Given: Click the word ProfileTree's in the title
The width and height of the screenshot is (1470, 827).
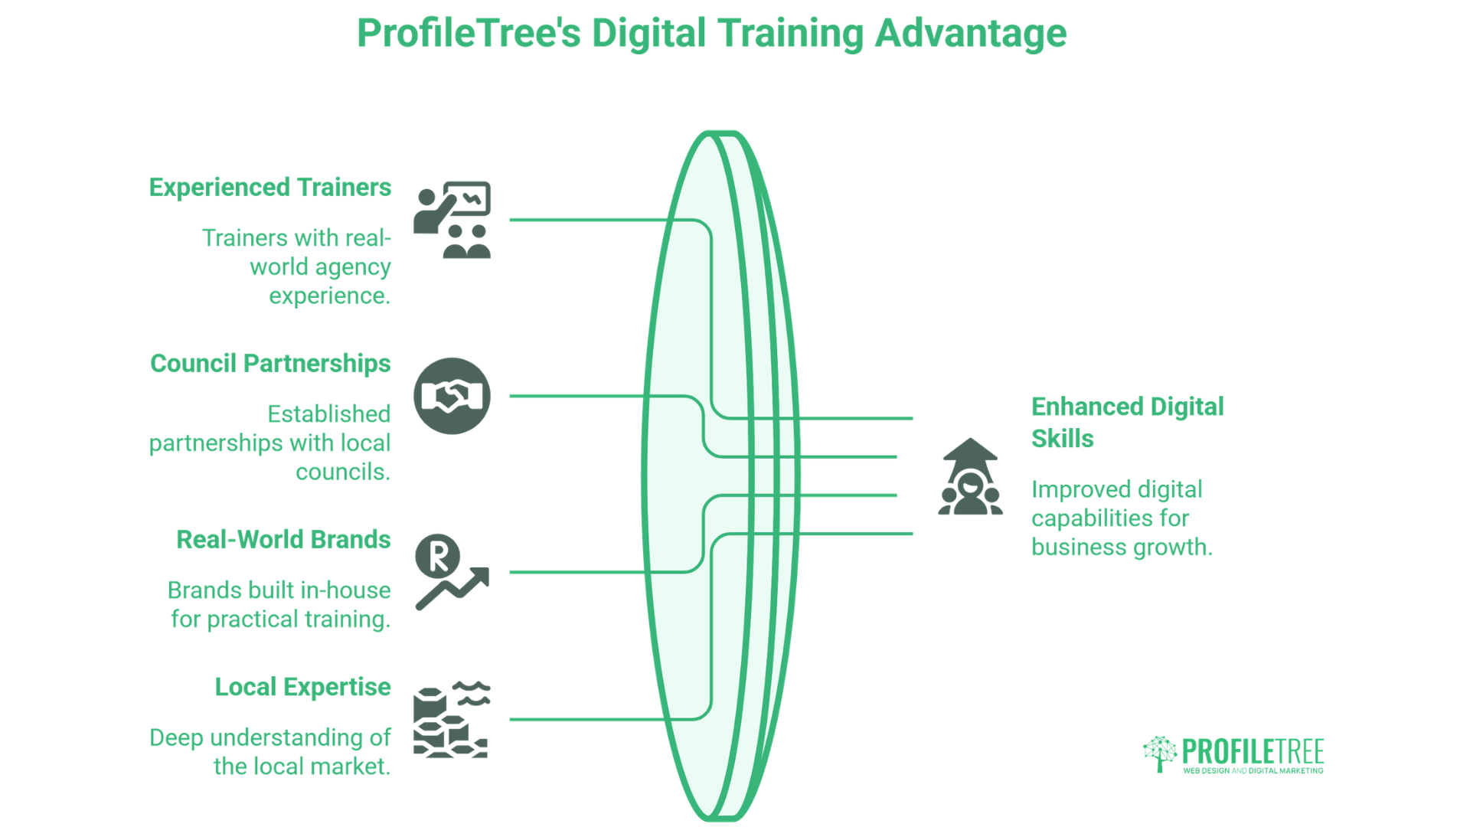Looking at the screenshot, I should [x=469, y=34].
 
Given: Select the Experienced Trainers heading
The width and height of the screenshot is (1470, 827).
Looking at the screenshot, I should [x=269, y=188].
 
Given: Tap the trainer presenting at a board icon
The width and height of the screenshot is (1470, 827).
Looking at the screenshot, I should [x=452, y=220].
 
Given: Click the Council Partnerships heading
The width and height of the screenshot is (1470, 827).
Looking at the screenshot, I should [x=269, y=364].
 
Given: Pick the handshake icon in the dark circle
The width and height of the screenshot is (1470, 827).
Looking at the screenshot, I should [x=452, y=396].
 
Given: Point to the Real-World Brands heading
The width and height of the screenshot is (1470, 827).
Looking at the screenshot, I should [x=283, y=540].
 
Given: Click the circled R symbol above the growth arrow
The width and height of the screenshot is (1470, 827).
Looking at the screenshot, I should [x=437, y=556].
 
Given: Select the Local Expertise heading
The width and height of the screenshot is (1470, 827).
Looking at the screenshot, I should [x=302, y=688].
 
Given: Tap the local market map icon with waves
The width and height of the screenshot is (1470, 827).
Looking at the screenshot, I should [x=452, y=720].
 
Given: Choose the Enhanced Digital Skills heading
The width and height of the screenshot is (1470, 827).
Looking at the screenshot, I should [x=1127, y=423].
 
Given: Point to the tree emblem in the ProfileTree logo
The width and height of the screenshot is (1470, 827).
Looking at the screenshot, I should [x=1160, y=754].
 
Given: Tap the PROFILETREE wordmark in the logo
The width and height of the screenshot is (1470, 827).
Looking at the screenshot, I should [x=1253, y=751].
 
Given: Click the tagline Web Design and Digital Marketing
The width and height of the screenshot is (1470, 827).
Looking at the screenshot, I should [x=1253, y=771].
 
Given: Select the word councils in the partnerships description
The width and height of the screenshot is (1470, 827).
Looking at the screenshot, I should [x=342, y=472].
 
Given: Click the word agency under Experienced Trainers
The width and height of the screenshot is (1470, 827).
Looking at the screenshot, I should [x=352, y=267].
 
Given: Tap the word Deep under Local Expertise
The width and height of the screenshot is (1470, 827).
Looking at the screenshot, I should [x=176, y=738].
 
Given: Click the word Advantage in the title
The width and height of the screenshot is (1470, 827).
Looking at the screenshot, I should [x=970, y=34].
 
